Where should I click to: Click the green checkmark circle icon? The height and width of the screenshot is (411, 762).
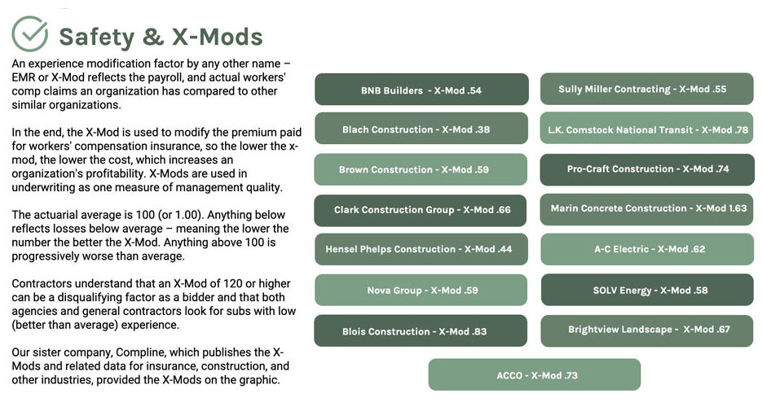pyautogui.click(x=29, y=34)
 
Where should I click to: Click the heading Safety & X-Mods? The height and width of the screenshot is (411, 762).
pyautogui.click(x=161, y=37)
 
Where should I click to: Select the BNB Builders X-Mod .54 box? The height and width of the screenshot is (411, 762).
pyautogui.click(x=421, y=90)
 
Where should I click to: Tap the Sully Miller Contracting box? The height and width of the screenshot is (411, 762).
pyautogui.click(x=646, y=89)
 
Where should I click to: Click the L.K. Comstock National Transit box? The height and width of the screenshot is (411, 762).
pyautogui.click(x=646, y=129)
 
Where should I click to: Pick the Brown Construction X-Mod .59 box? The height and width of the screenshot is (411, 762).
pyautogui.click(x=421, y=170)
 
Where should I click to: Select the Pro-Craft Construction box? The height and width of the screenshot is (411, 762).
pyautogui.click(x=646, y=169)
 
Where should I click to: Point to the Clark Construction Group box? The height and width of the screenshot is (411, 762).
pyautogui.click(x=421, y=210)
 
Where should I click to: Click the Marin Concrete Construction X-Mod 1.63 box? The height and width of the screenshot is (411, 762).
pyautogui.click(x=646, y=208)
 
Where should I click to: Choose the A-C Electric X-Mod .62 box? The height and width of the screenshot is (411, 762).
pyautogui.click(x=646, y=249)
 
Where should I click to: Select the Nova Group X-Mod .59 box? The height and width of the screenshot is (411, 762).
pyautogui.click(x=421, y=290)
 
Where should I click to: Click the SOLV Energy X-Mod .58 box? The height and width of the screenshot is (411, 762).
pyautogui.click(x=646, y=290)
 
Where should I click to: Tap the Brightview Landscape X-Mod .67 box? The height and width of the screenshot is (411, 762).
pyautogui.click(x=646, y=330)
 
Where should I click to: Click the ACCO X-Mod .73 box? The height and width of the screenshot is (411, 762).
pyautogui.click(x=535, y=374)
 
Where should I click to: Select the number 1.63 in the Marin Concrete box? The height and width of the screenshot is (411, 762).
pyautogui.click(x=737, y=208)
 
